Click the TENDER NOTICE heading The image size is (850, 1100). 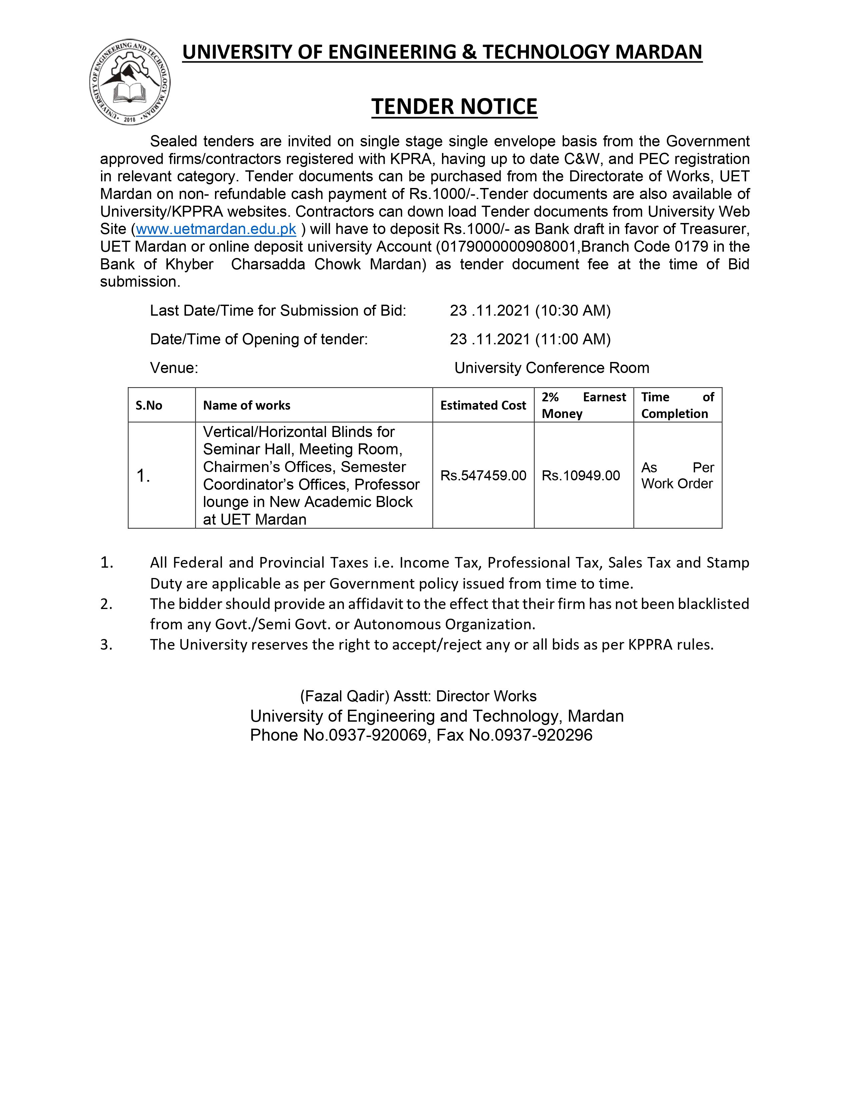point(454,106)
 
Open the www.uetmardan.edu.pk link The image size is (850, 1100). point(216,229)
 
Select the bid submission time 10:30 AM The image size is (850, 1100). point(573,311)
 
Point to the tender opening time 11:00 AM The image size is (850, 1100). point(573,339)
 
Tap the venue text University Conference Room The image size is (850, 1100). point(551,368)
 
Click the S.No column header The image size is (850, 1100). point(149,405)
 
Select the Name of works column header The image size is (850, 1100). point(247,405)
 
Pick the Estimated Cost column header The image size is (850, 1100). point(483,405)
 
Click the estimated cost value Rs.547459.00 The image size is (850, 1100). point(483,475)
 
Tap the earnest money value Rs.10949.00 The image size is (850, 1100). point(581,475)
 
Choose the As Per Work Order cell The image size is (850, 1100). point(677,475)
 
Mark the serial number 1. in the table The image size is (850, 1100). point(144,475)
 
